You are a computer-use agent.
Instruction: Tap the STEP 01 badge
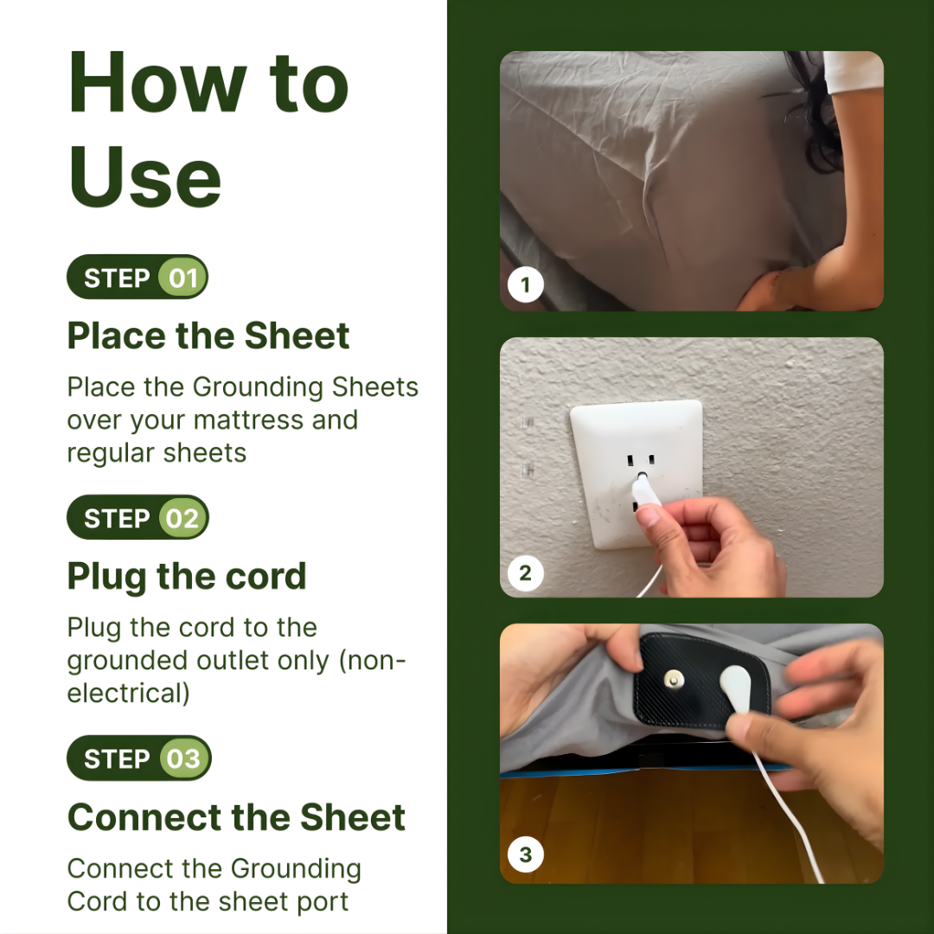click(138, 278)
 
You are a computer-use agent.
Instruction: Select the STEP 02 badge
click(138, 518)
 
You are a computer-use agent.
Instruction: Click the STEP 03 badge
click(138, 758)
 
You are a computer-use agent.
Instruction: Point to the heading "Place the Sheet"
click(208, 336)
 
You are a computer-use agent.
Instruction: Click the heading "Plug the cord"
click(187, 576)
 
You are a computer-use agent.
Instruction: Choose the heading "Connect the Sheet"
click(236, 817)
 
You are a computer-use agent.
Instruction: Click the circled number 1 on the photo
click(525, 285)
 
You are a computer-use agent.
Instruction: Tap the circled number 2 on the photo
click(525, 572)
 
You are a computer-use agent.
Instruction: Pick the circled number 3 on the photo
click(525, 857)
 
